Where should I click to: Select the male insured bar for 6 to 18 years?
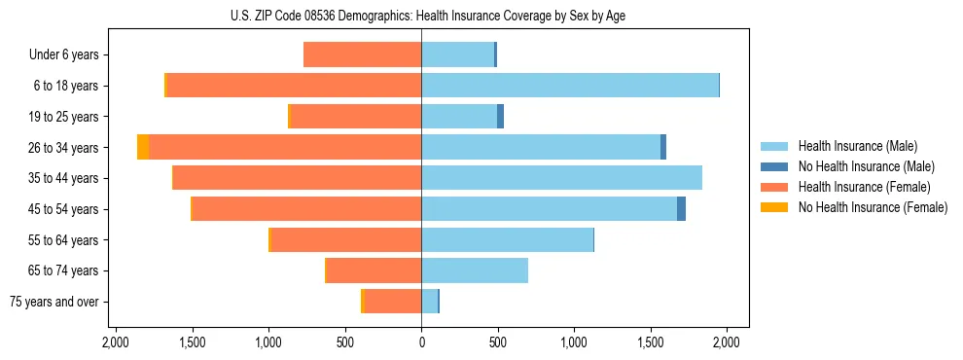coord(570,86)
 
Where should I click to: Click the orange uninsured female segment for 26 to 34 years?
coord(143,147)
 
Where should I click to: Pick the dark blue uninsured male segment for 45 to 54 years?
coord(681,209)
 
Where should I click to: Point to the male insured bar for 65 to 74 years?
coord(475,270)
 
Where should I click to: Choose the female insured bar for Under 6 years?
coord(362,54)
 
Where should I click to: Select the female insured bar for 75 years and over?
coord(393,302)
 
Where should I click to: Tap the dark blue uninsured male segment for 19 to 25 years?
coord(500,117)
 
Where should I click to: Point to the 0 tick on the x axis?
coord(421,342)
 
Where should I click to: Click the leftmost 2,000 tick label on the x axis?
coord(116,342)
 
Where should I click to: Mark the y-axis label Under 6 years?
coord(64,54)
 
